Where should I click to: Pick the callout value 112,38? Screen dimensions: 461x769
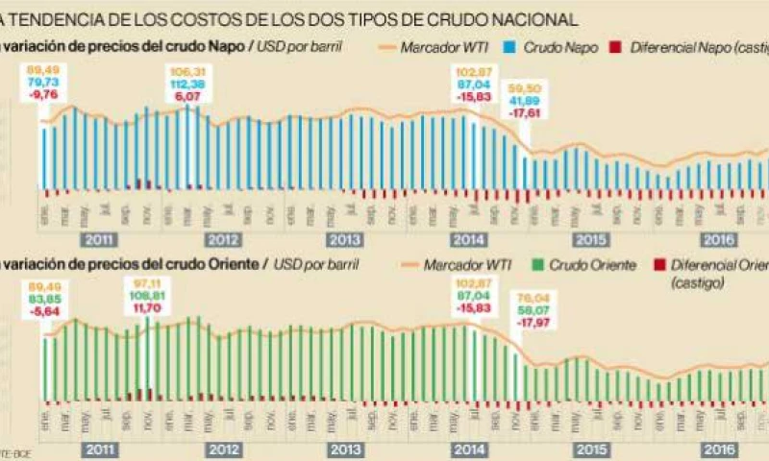[x=187, y=83]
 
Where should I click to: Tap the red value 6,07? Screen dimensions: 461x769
[x=187, y=95]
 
